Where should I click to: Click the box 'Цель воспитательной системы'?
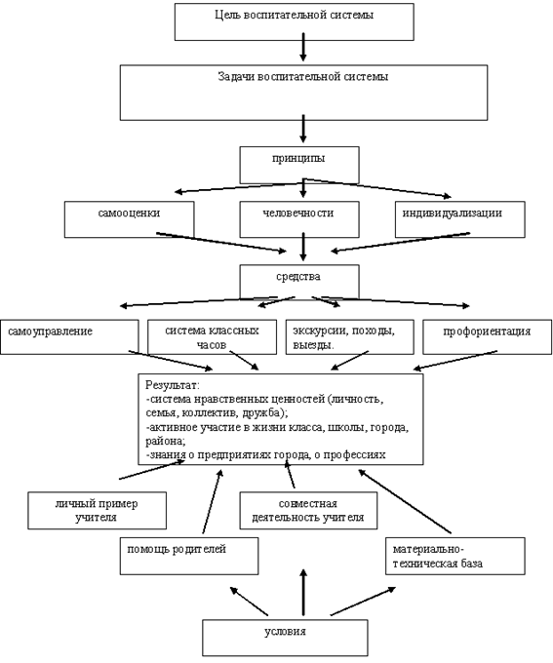point(295,22)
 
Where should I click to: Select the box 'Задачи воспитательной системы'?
point(303,93)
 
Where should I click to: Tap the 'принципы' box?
point(299,165)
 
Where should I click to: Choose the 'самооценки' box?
point(129,219)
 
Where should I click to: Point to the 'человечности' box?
point(299,219)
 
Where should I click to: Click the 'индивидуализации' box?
point(460,219)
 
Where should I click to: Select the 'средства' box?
point(299,282)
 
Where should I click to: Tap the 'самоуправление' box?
point(69,336)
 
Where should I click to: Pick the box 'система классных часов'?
point(212,336)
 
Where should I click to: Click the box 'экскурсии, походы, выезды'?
point(349,336)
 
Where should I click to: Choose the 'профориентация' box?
point(487,336)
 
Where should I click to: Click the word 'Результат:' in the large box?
point(173,385)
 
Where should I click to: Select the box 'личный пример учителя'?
point(97,510)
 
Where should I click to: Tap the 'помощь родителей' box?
point(189,556)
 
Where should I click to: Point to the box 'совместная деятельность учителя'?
point(308,510)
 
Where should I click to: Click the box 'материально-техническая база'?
point(455,556)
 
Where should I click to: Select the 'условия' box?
point(285,638)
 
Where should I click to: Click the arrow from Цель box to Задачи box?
point(303,47)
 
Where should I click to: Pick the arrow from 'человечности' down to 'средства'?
point(303,247)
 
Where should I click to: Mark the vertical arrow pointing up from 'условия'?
point(303,592)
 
